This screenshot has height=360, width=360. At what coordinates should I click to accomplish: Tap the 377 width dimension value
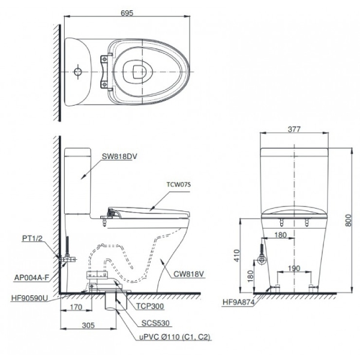[x=294, y=129]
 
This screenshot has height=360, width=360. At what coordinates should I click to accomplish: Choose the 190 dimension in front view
[x=293, y=269]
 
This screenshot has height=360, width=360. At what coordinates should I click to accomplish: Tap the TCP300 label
[x=150, y=305]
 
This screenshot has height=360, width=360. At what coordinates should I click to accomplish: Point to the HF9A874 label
[x=240, y=303]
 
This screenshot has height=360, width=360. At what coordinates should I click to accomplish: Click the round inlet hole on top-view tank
[x=77, y=72]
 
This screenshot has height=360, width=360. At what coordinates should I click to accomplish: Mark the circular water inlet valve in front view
[x=262, y=260]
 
